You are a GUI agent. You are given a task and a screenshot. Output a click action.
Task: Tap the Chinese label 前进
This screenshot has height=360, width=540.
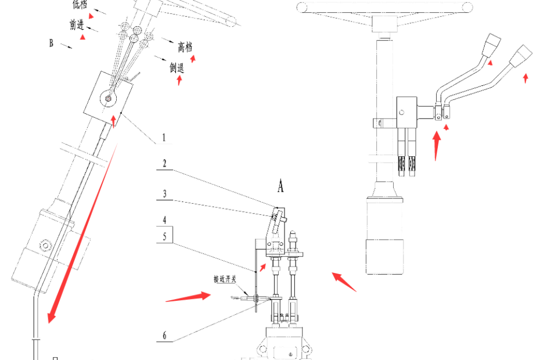coord(77,24)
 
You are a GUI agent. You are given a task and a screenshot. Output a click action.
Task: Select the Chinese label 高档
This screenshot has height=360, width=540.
coord(185,46)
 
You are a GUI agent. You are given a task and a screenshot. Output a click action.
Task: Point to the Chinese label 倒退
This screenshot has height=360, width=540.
coord(177,67)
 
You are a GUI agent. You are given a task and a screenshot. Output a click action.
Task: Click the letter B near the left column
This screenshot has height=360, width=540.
coord(51,44)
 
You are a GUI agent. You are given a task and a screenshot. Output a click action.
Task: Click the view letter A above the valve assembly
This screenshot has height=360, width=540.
coord(280,186)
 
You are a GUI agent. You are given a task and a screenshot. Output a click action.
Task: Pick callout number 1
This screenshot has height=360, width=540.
coord(164,138)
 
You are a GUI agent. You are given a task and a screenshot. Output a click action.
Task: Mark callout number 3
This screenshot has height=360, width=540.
coord(164,194)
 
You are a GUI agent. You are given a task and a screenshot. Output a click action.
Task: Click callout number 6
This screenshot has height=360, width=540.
coord(164,336)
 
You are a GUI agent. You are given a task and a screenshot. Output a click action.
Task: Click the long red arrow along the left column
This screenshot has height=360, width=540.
coord(81,232)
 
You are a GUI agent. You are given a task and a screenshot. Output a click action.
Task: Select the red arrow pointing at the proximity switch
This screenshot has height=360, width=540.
coord(188,297)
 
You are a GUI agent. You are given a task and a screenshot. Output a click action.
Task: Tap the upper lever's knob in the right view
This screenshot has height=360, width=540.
coord(494,41)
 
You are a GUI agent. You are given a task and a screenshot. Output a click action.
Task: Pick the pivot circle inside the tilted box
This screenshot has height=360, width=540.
coord(109,99)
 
